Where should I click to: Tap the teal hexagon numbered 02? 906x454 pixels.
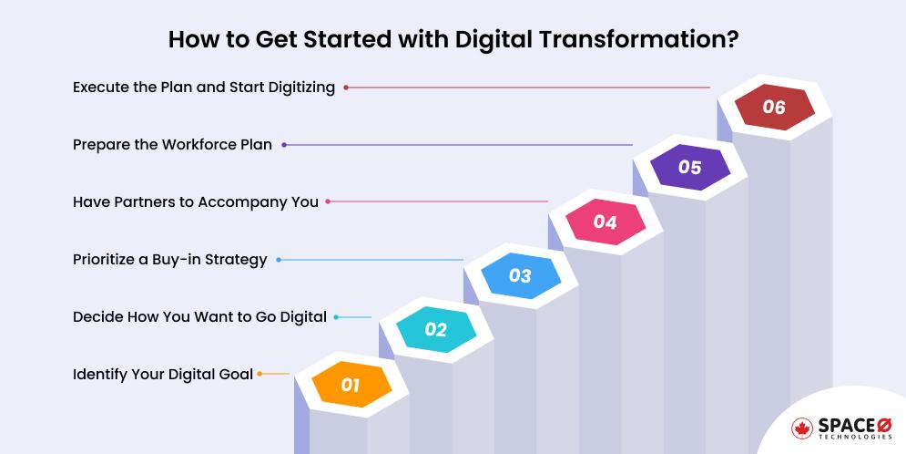435,330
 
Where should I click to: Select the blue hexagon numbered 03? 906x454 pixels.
520,275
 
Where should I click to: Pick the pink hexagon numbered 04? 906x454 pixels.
605,222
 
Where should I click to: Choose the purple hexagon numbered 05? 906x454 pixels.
689,167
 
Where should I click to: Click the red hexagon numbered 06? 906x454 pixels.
773,108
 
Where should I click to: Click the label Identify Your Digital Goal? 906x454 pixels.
163,374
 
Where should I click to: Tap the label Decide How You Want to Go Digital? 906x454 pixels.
199,317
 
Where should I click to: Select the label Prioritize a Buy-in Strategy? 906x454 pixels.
169,260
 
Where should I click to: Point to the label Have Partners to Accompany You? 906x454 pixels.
196,202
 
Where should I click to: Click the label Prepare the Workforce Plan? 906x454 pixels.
172,145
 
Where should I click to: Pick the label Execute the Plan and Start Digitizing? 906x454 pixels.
204,88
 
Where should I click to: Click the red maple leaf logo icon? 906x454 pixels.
803,428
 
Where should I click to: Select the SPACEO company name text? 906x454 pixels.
856,425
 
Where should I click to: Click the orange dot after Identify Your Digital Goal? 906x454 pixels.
260,374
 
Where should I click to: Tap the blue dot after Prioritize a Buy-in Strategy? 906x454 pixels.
279,260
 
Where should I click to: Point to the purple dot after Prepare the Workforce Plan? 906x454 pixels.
284,145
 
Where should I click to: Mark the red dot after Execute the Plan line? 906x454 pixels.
346,88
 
